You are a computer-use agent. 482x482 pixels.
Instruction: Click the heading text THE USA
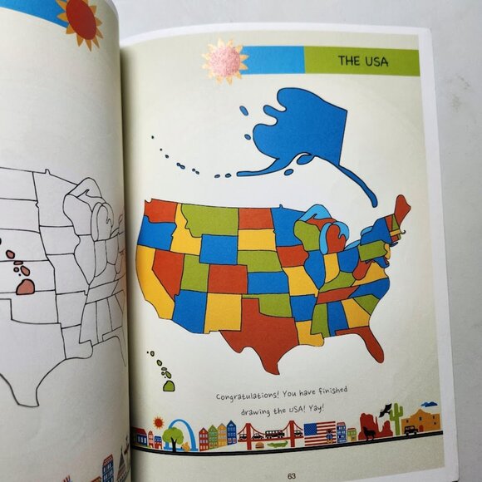[360, 61]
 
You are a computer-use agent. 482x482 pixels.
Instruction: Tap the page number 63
[292, 475]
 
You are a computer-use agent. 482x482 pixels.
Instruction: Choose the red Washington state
[161, 210]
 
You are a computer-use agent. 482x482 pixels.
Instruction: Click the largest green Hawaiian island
[169, 385]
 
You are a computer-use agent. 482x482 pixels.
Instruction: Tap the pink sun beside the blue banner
[224, 61]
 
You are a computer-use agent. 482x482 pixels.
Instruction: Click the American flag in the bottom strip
[319, 433]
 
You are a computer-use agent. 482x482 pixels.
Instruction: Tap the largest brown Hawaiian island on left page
[27, 286]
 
